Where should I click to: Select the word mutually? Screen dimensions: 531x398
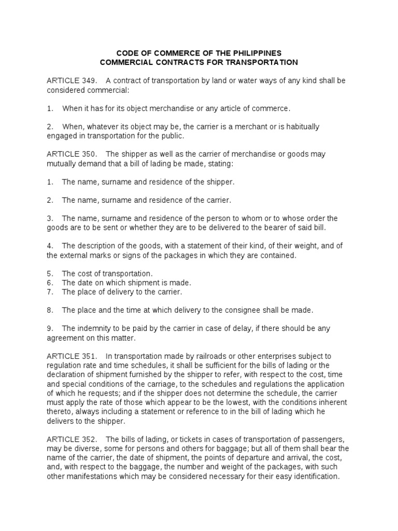[x=62, y=163]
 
